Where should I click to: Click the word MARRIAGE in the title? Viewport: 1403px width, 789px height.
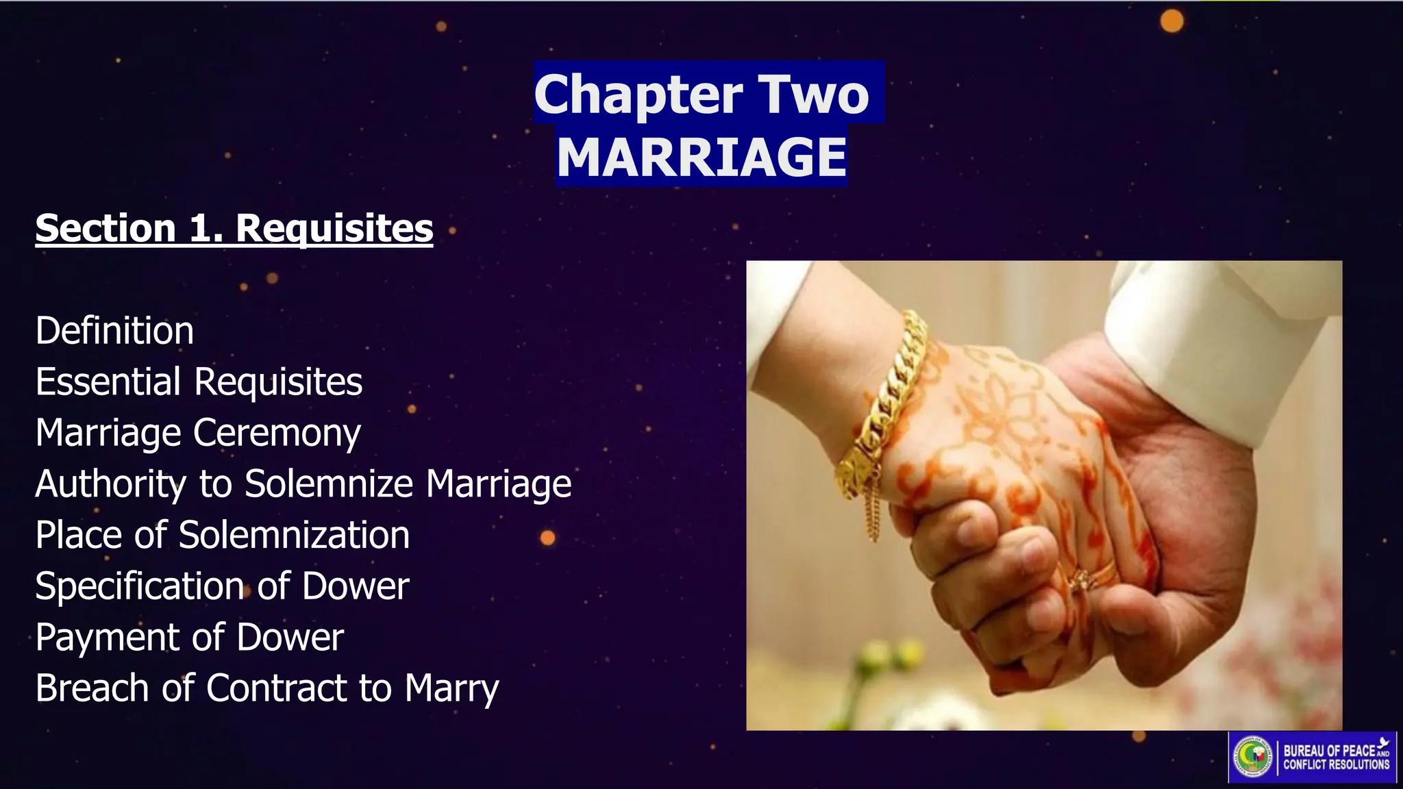701,157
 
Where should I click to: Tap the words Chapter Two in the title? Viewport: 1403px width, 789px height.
701,94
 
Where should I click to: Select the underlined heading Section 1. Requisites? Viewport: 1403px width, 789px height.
234,227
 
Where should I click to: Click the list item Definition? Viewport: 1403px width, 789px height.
114,331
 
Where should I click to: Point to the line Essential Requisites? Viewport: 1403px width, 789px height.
199,381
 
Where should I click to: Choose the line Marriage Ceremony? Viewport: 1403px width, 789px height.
198,433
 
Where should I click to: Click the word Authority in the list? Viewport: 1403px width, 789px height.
110,484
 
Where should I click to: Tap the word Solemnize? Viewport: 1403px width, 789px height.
329,484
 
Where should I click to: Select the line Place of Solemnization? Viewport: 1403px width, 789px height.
223,535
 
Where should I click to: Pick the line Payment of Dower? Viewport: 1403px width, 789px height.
189,637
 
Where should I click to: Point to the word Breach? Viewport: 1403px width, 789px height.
92,688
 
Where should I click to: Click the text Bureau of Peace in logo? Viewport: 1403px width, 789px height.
1329,751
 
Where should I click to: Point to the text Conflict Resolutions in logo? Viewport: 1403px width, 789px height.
1336,764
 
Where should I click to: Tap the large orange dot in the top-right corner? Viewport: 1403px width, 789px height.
1171,21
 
